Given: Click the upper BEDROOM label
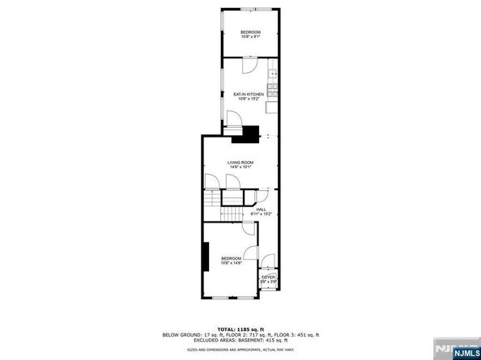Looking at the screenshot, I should click(x=249, y=32).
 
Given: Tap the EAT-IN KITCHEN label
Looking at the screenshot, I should click(x=249, y=95).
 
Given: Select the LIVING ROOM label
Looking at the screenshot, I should click(x=240, y=163).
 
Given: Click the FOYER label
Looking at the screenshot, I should click(x=268, y=277).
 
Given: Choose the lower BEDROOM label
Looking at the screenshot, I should click(x=232, y=258).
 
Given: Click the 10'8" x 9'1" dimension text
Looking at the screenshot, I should click(x=249, y=36).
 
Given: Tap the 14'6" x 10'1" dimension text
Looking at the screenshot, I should click(x=240, y=167).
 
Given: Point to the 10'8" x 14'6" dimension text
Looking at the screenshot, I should click(x=232, y=263).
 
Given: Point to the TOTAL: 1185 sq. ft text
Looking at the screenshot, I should click(x=240, y=328).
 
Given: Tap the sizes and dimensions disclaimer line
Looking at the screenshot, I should click(x=240, y=349).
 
